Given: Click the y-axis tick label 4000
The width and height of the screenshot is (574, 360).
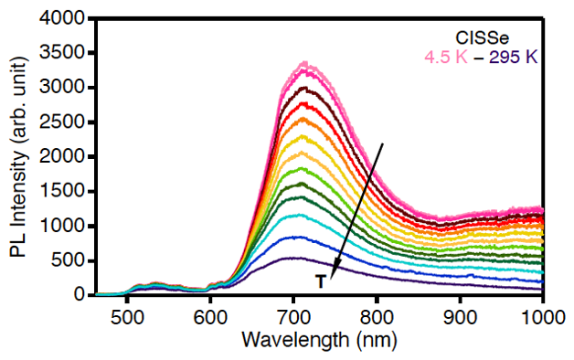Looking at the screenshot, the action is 62,17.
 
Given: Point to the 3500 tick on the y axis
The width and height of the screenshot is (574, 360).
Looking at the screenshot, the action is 62,52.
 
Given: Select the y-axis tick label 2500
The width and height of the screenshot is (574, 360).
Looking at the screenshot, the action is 62,122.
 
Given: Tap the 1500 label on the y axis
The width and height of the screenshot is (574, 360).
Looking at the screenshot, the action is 62,191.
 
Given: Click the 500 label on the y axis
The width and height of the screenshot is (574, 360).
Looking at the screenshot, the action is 69,260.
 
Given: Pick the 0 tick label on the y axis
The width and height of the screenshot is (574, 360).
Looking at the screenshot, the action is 80,294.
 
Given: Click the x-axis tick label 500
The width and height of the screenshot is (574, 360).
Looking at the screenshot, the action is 127,317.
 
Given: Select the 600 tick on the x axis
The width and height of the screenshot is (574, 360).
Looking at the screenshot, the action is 210,317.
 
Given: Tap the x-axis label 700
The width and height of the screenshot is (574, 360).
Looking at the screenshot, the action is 293,317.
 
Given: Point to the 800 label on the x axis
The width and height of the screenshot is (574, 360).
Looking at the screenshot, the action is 377,317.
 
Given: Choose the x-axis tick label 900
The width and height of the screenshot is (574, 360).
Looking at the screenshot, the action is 460,317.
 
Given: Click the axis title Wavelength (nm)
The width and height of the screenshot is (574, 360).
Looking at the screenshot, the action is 319,340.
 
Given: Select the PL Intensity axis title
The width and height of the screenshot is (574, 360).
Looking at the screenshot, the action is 18,157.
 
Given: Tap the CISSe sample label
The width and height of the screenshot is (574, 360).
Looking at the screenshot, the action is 482,37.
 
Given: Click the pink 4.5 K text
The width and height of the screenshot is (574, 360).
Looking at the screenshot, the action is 446,57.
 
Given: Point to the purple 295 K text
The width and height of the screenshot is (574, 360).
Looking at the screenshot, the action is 514,57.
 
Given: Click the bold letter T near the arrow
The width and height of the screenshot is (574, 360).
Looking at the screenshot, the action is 320,282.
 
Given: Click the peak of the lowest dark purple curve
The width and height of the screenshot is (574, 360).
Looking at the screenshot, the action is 292,258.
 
